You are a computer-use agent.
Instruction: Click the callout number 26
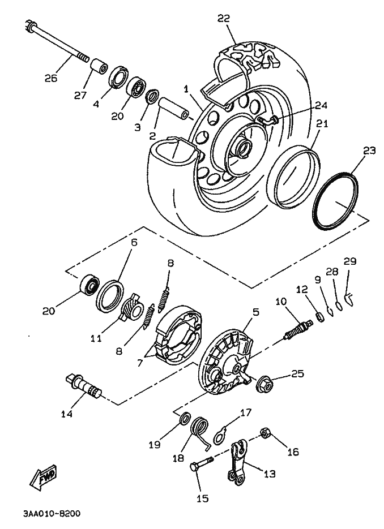coord(51,78)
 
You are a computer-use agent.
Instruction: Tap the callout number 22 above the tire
coord(224,19)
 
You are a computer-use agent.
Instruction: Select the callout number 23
coord(369,151)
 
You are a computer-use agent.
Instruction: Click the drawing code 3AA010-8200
coord(52,514)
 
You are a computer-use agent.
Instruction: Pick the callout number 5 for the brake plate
coord(255,312)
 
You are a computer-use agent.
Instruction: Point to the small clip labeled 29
coord(350,294)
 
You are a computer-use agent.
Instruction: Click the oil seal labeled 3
coord(152,97)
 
